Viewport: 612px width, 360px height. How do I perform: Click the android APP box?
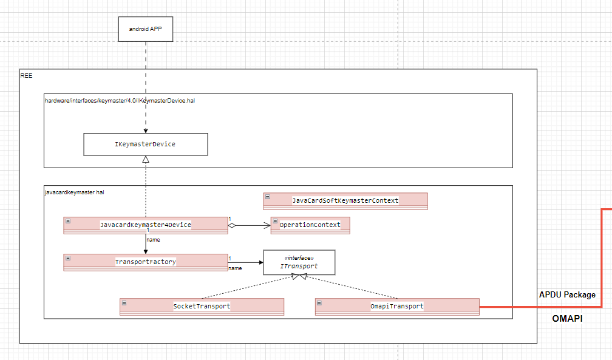click(145, 29)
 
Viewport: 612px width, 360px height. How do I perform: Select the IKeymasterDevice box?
click(145, 144)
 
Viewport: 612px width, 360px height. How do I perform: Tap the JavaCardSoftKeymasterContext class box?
click(345, 201)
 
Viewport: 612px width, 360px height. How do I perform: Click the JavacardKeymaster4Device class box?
click(145, 225)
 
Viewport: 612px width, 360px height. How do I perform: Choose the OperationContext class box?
click(310, 225)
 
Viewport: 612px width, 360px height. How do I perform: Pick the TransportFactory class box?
click(145, 262)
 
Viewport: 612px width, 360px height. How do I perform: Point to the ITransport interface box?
click(299, 263)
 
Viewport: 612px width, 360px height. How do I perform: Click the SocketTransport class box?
click(202, 307)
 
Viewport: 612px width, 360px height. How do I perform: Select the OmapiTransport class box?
click(397, 307)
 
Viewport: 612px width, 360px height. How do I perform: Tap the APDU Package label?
click(567, 295)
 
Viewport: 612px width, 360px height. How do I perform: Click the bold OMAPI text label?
click(567, 318)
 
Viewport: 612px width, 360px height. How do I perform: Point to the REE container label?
click(26, 75)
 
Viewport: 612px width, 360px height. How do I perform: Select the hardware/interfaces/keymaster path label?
click(119, 100)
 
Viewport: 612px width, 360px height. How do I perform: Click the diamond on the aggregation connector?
click(231, 226)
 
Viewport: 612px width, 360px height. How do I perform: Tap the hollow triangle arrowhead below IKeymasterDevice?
click(145, 160)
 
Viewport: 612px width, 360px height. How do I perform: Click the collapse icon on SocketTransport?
click(124, 302)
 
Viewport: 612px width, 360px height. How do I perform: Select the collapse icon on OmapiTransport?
click(319, 302)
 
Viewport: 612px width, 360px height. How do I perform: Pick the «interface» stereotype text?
click(299, 258)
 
